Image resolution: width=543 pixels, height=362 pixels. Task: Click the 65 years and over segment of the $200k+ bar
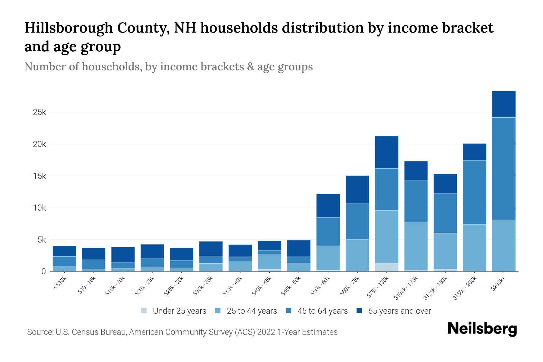pos(503,104)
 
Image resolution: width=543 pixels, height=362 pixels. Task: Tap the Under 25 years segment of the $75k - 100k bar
pos(386,267)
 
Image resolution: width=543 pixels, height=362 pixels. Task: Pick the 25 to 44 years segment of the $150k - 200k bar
pos(475,247)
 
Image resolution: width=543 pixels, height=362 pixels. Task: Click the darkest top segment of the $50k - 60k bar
pos(328,205)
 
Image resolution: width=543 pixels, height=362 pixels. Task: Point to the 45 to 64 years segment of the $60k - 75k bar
pos(357,221)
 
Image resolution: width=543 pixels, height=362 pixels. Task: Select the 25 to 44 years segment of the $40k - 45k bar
pos(269,261)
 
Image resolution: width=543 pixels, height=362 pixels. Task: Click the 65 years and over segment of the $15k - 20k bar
pos(123,255)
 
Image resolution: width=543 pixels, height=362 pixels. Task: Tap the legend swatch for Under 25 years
pos(144,311)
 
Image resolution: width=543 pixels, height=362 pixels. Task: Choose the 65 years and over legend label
pos(399,311)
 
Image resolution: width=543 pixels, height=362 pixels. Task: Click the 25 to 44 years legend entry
pos(252,311)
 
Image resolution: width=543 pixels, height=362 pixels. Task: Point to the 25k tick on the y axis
pos(39,113)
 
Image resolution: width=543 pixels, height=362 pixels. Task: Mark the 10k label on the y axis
pos(39,208)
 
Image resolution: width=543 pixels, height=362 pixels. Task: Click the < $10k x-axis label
pos(59,284)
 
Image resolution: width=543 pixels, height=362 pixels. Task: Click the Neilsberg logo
pos(482,329)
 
